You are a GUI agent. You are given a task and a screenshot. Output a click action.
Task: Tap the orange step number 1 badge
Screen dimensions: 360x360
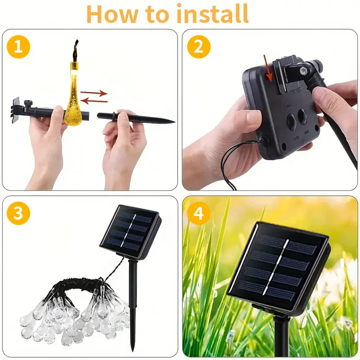tap(18, 46)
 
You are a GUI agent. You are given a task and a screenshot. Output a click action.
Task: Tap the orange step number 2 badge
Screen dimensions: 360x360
tap(198, 46)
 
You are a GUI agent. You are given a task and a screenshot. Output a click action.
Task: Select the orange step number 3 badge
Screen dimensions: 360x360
tap(18, 213)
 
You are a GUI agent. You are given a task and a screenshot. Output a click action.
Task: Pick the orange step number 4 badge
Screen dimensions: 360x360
tap(198, 213)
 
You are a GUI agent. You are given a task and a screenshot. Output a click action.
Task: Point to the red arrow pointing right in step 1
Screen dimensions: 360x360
tap(94, 93)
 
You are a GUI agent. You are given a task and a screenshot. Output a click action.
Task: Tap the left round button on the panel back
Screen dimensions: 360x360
tap(291, 120)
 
